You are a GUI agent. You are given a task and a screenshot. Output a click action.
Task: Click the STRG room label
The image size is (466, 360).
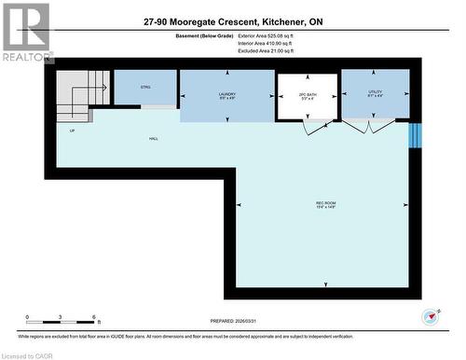(x=145, y=87)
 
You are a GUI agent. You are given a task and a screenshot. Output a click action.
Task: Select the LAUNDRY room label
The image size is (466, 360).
(x=226, y=95)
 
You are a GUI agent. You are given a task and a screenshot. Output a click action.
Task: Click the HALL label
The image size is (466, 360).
(x=153, y=138)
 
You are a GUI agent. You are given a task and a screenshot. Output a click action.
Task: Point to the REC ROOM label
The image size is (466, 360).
(x=325, y=205)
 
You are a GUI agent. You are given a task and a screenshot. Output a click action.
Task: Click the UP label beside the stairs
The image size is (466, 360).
(x=72, y=131)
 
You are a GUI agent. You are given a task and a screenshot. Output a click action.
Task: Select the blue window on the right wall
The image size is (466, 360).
(x=416, y=135)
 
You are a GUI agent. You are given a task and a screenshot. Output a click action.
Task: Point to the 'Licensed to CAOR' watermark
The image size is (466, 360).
(x=28, y=354)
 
